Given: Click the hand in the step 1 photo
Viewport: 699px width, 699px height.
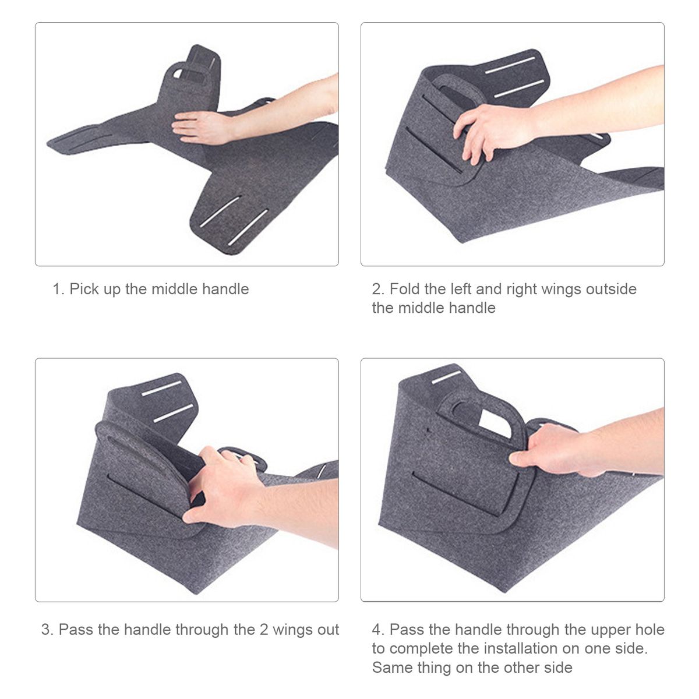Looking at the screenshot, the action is tap(203, 127).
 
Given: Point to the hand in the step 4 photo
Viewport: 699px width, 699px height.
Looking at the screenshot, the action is tap(555, 450).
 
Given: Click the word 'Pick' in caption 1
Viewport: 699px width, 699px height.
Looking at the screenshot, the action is tap(84, 289).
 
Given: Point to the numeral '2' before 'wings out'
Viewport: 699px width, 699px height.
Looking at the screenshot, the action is tap(264, 630).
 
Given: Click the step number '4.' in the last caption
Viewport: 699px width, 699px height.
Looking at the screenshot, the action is tap(378, 630).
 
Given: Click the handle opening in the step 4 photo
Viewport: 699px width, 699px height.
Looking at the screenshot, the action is tap(494, 422).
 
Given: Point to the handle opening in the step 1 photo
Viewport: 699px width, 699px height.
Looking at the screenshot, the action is tap(178, 73).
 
